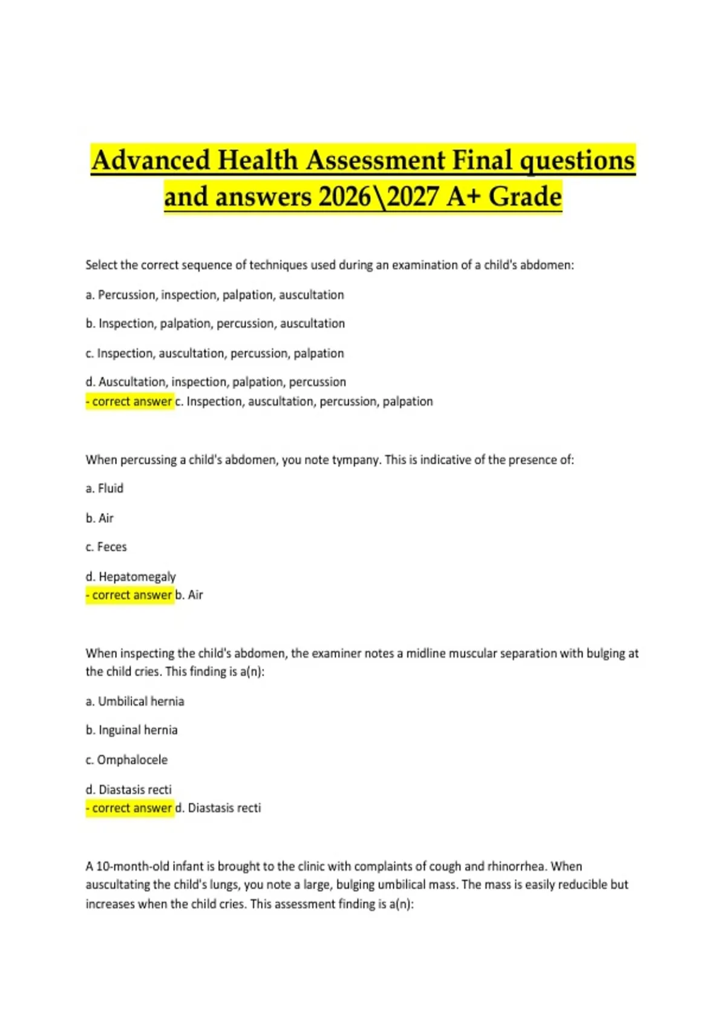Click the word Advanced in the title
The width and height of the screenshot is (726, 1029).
(151, 160)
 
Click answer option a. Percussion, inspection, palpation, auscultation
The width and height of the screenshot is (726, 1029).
(215, 295)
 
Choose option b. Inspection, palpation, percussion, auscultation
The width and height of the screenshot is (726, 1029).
(215, 324)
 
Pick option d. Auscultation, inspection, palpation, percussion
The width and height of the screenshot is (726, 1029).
(216, 382)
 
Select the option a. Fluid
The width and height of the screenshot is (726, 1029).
(105, 488)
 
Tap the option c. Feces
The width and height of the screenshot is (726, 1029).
(106, 547)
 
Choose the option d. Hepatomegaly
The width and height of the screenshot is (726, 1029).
(131, 576)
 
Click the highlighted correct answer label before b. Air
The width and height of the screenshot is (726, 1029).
(130, 596)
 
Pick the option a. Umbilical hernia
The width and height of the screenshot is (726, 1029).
(135, 702)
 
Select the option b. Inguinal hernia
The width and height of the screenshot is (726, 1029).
(132, 731)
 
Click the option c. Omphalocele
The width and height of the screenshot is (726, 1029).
(126, 760)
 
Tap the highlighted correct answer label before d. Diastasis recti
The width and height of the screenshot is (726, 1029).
(130, 809)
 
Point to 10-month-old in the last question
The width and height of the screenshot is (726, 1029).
(132, 867)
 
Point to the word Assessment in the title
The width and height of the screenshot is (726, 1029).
(376, 160)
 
